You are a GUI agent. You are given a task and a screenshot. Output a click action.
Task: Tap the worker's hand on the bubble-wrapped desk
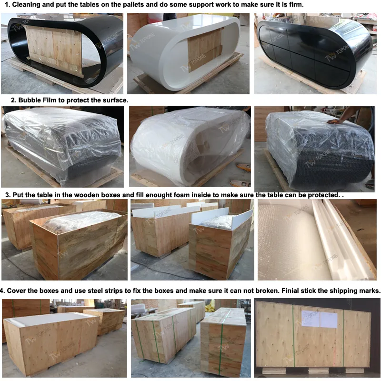click(336, 121)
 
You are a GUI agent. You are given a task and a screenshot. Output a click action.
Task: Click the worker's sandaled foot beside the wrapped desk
click(370, 183)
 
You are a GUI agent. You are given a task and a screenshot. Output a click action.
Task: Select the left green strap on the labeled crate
click(293, 336)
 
